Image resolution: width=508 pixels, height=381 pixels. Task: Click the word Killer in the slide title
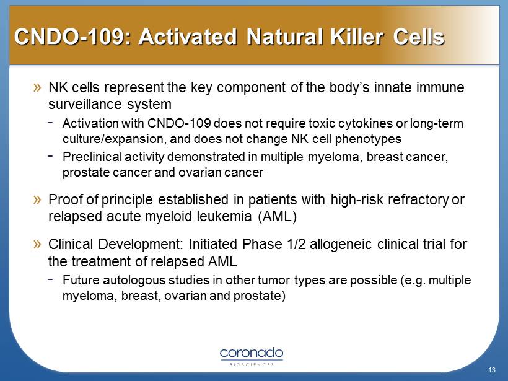coord(357,37)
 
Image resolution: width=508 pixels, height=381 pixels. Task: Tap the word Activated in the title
coord(188,37)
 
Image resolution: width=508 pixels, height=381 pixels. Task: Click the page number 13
coord(492,370)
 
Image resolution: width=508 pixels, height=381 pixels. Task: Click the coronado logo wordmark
coord(252,353)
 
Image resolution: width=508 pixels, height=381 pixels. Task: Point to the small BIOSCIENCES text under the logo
coord(252,365)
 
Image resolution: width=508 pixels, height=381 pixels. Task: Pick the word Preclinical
coord(92,157)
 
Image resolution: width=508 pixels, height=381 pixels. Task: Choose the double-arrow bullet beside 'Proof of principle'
coord(37,199)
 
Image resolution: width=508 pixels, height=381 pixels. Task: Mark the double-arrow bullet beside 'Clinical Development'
coord(37,244)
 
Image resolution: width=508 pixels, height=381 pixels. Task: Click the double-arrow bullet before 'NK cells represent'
coord(37,87)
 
